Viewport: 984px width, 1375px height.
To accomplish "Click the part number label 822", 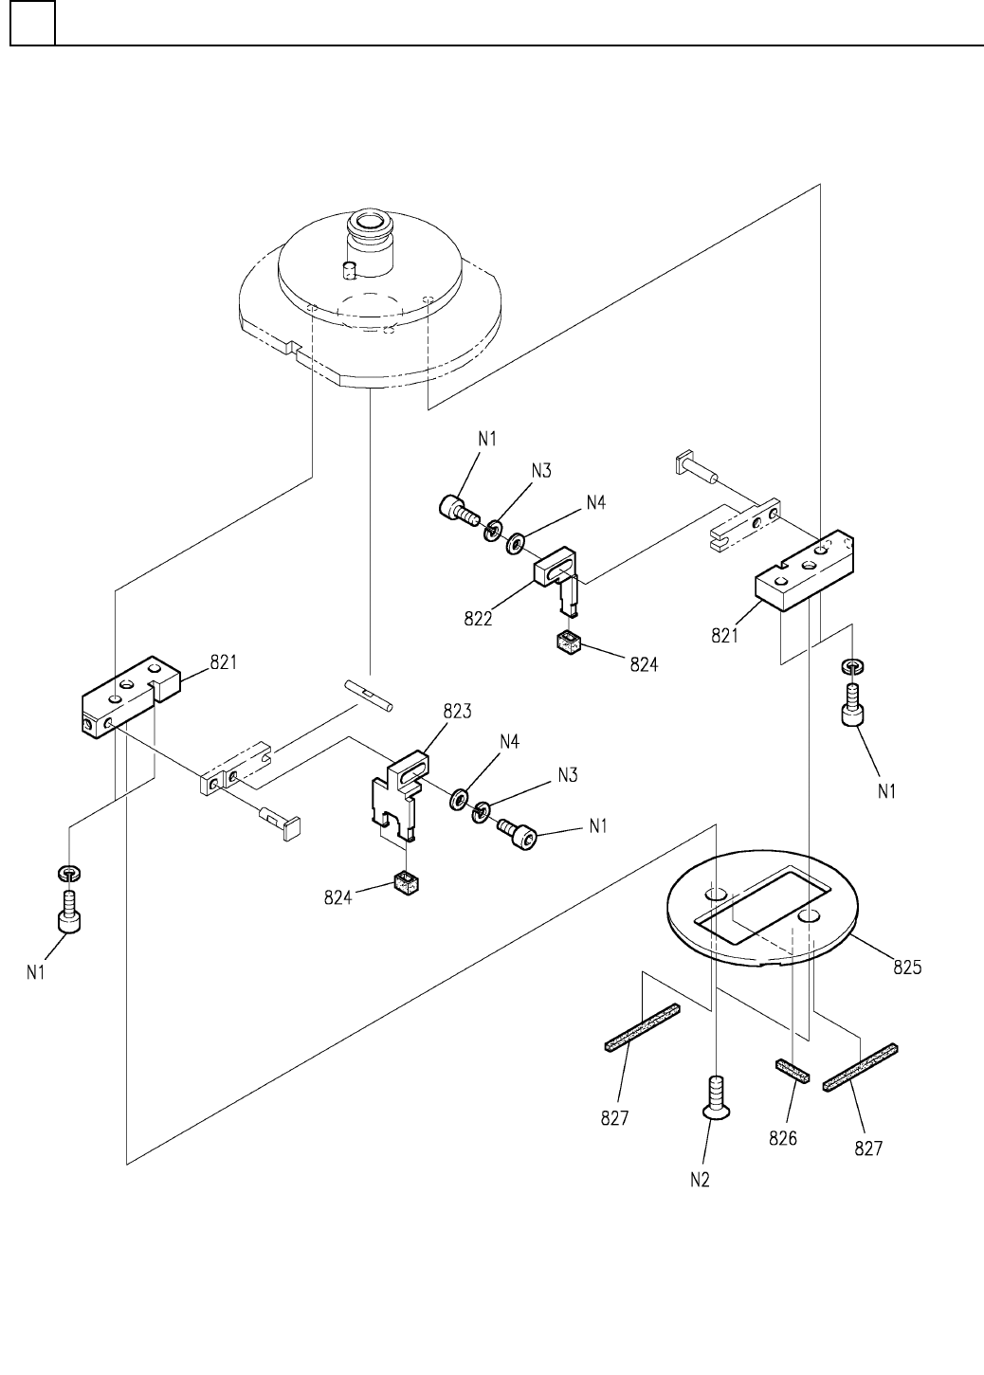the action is click(x=478, y=619).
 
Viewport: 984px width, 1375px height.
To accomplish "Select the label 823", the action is click(x=457, y=712).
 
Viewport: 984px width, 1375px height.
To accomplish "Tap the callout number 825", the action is click(x=906, y=968).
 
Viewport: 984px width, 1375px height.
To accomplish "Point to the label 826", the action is click(x=782, y=1139).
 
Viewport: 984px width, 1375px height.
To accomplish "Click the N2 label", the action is click(x=700, y=1180).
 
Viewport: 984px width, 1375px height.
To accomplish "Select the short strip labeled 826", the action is click(x=793, y=1069).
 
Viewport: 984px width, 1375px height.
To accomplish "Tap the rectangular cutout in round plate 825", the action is click(x=761, y=905).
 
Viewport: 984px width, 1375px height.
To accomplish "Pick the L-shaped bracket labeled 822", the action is click(x=557, y=578).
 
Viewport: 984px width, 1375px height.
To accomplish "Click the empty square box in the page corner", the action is click(x=32, y=23).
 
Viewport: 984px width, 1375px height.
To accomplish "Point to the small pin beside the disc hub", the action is click(x=349, y=270).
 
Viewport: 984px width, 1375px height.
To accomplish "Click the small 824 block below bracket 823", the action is click(x=406, y=884).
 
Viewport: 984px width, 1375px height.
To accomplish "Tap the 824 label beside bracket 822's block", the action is click(x=644, y=664).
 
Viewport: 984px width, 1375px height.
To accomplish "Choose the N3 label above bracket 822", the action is click(x=541, y=471).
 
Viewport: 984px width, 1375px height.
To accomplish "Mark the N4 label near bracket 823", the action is click(x=509, y=742).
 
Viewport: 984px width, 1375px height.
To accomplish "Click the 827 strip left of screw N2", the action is click(x=643, y=1027).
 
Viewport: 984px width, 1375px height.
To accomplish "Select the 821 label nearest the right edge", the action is click(x=725, y=636).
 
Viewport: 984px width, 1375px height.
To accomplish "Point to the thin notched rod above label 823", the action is click(x=369, y=696).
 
